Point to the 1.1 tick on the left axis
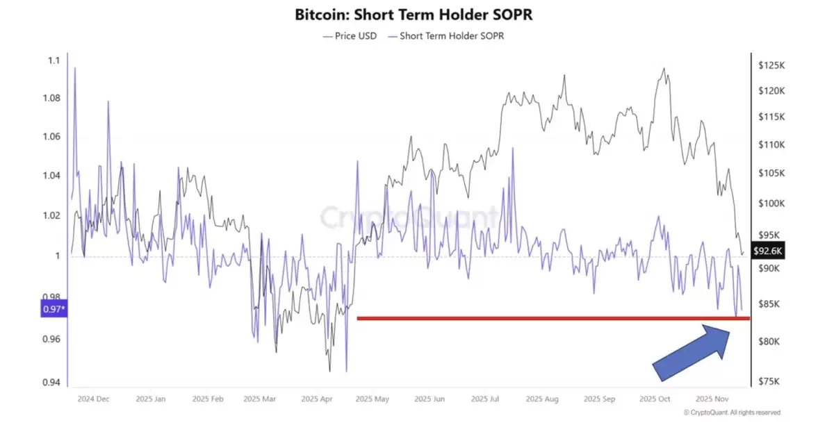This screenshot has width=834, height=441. [x=54, y=61]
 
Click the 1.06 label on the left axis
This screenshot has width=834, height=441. [x=51, y=137]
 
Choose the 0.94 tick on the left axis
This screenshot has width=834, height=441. [x=51, y=382]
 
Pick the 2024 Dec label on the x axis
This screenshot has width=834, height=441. [x=93, y=399]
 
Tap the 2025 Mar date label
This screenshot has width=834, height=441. [x=260, y=399]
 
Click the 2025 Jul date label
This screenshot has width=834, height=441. [x=485, y=399]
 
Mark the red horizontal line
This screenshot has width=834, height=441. [x=553, y=318]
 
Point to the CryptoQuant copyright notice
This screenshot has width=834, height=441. [x=732, y=413]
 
